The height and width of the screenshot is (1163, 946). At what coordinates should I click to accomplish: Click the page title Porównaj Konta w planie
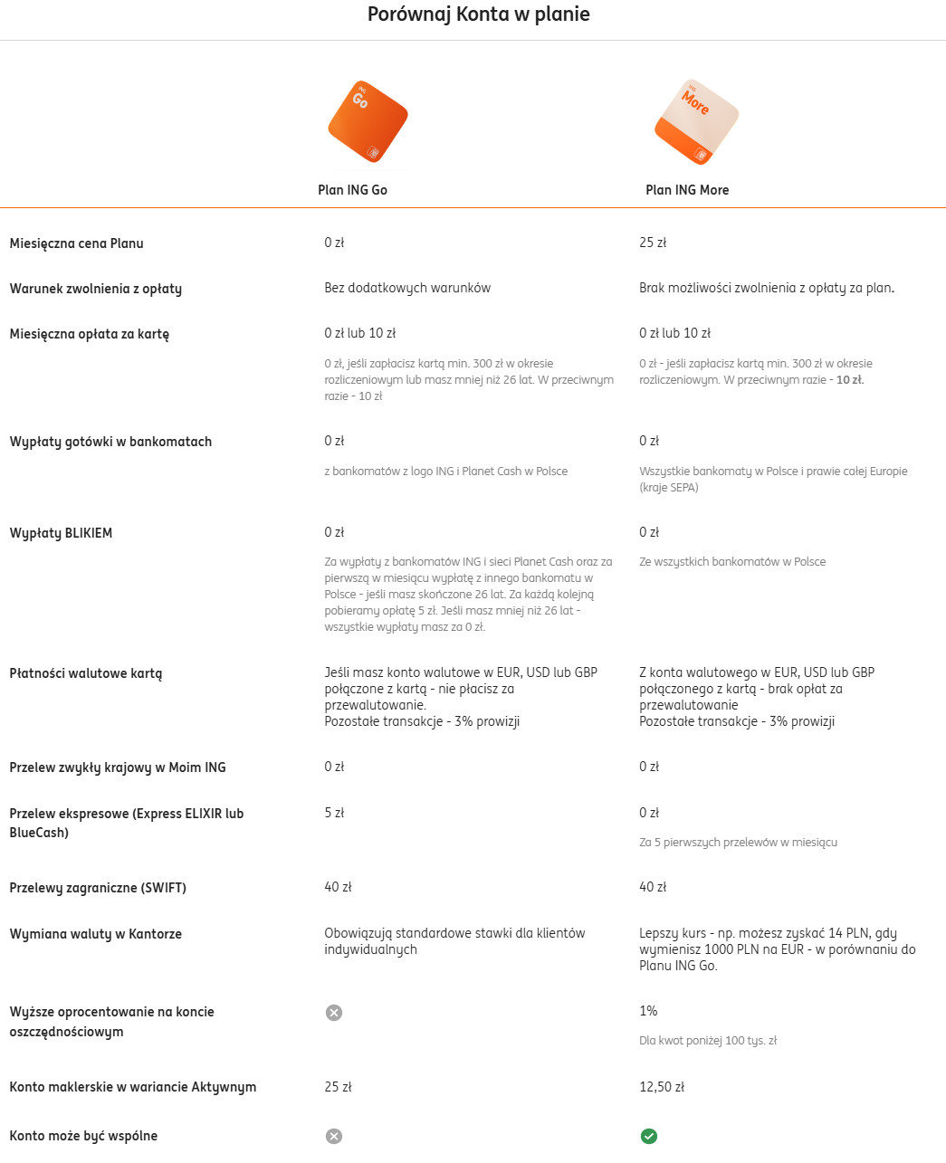[x=478, y=14]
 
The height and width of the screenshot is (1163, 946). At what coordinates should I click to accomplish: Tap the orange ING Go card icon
[x=368, y=121]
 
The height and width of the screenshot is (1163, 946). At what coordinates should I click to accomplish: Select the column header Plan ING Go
[x=352, y=190]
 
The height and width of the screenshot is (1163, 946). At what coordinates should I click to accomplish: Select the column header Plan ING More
[x=687, y=190]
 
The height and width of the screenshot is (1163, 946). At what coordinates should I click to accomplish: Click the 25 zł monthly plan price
[x=653, y=243]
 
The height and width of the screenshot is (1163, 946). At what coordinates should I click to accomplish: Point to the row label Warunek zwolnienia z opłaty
[x=96, y=289]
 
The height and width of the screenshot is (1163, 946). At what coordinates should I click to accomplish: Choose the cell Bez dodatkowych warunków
[x=407, y=288]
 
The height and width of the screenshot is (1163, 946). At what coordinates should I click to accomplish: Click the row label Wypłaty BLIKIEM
[x=61, y=533]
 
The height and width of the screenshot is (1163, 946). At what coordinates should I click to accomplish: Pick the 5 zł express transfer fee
[x=334, y=813]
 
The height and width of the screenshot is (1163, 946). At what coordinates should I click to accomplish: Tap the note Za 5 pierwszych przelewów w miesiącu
[x=738, y=843]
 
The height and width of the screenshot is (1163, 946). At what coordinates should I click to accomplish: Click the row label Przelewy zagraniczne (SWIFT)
[x=98, y=888]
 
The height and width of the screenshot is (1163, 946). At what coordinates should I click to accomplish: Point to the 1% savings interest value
[x=648, y=1011]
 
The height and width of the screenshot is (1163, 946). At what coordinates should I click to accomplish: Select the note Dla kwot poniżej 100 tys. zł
[x=708, y=1041]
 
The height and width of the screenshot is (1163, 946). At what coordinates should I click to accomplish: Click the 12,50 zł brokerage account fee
[x=662, y=1087]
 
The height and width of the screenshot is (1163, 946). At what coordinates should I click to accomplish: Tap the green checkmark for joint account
[x=649, y=1136]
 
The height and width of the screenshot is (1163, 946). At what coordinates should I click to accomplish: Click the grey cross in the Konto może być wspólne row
[x=334, y=1136]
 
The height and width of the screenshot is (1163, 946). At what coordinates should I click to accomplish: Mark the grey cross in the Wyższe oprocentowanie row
[x=334, y=1013]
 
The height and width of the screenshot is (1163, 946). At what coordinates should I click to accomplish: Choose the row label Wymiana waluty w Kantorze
[x=96, y=934]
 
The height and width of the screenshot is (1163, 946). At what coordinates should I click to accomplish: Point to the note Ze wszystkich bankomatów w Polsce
[x=732, y=562]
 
